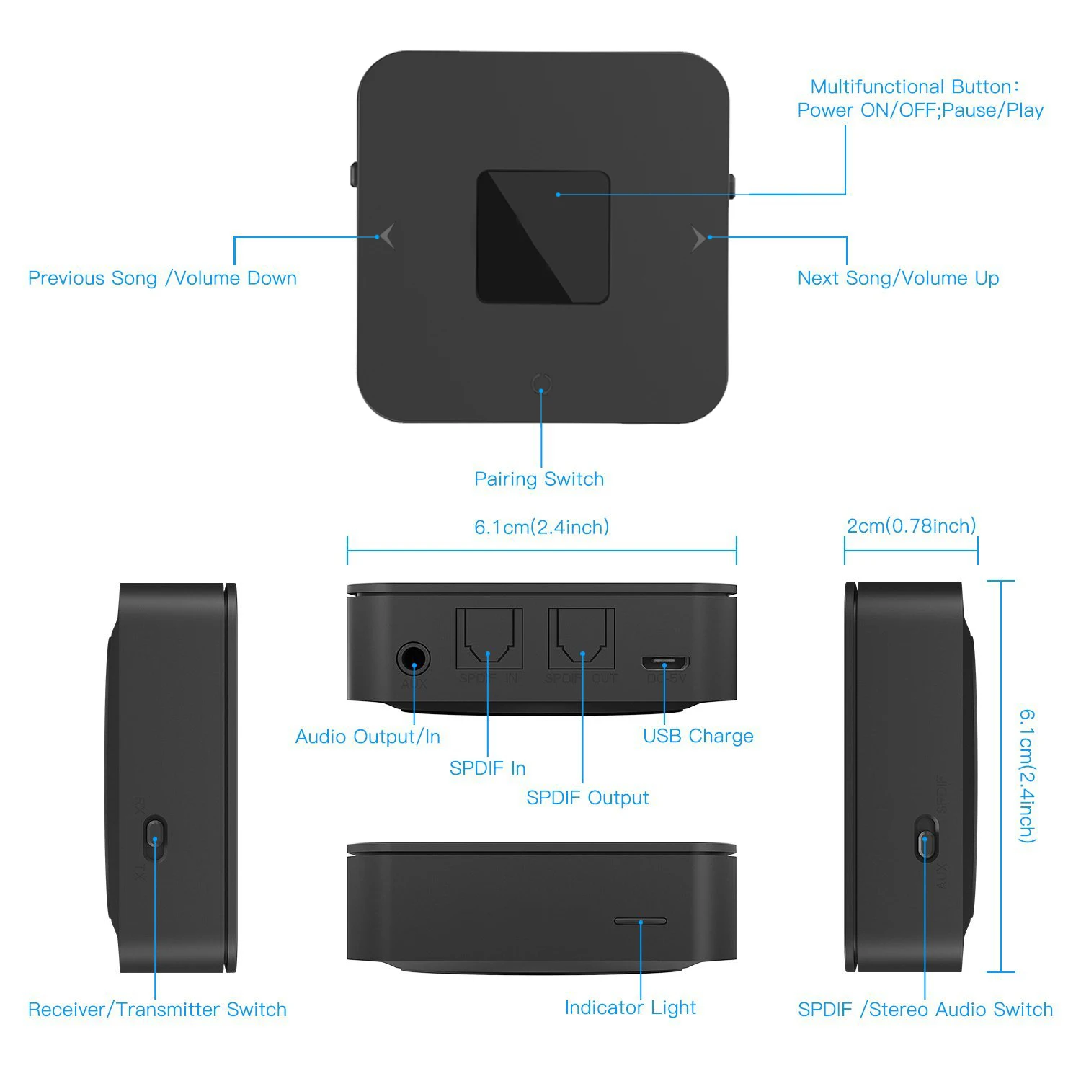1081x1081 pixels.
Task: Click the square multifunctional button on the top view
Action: coord(543,236)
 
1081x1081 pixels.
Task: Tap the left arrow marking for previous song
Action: coord(387,236)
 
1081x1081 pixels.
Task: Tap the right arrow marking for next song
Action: coord(698,238)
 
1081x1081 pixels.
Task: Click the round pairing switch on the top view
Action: coord(542,383)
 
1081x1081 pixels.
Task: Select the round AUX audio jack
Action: coord(413,660)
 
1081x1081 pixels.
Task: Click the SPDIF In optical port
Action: coord(489,639)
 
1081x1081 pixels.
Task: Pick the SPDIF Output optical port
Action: coord(582,639)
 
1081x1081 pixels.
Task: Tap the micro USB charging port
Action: coord(665,662)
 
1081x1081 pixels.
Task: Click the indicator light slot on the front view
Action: coord(640,920)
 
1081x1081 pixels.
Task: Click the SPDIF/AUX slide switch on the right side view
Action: coord(926,839)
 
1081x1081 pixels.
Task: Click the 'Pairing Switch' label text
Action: coord(539,479)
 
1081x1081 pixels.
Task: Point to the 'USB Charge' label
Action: coord(698,736)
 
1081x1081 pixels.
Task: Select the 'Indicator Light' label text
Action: coord(630,1007)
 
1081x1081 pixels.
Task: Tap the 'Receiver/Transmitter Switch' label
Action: coord(157,1010)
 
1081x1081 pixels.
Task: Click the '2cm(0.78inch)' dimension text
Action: coord(911,526)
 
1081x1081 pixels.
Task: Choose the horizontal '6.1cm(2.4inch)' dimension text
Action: coord(541,528)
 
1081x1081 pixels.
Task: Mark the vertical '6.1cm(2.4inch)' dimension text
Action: coord(1027,775)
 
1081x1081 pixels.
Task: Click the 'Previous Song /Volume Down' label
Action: coord(162,278)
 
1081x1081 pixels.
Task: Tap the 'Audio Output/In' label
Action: coord(368,737)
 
